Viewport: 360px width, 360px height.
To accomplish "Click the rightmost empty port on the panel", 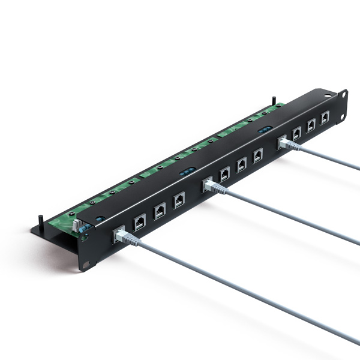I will click(x=325, y=118).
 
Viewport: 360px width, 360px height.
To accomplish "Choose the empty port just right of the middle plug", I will click(x=224, y=174).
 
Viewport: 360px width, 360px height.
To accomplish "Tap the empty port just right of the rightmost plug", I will click(x=296, y=133).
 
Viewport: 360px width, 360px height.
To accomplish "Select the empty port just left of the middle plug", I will click(x=179, y=200).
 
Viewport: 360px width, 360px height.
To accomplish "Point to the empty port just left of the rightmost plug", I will click(x=257, y=155).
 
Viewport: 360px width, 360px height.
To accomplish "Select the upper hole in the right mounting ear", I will click(x=344, y=94).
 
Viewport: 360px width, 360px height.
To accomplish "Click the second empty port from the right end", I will click(x=311, y=125).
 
